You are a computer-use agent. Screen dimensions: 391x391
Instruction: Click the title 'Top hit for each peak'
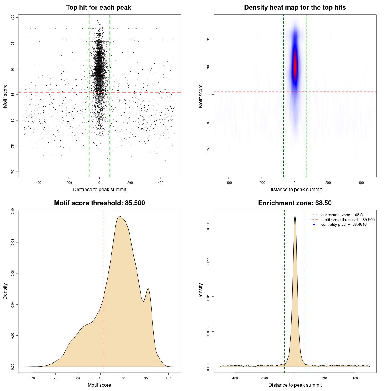coord(98,8)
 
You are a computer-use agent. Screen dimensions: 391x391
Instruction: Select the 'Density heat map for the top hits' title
coord(295,8)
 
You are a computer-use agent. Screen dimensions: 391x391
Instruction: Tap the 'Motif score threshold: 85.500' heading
coord(99,203)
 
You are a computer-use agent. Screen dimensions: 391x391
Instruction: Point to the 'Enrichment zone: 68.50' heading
coord(295,203)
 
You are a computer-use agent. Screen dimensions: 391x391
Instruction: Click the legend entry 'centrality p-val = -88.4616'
coord(344,225)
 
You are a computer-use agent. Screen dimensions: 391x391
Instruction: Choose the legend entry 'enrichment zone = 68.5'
coord(342,215)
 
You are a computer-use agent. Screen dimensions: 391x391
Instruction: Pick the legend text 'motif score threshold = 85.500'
coord(348,220)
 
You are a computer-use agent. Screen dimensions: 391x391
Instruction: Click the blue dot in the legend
coord(314,225)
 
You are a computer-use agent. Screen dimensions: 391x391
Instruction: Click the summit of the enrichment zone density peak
coord(295,216)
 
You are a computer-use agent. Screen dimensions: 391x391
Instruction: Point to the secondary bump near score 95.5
coord(148,289)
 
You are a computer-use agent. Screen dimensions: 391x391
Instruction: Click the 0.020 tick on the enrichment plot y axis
coord(208,226)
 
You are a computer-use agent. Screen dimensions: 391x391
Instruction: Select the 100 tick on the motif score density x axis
coord(169,378)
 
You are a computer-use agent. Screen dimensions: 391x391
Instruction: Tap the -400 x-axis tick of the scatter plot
coord(38,183)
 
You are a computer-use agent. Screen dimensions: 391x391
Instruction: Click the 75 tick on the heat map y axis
coord(208,150)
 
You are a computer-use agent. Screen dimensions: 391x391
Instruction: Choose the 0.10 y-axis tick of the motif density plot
coord(13,211)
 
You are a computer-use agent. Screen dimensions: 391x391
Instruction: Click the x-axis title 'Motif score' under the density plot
coord(99,385)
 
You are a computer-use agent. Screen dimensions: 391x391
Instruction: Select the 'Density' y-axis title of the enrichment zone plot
coord(201,291)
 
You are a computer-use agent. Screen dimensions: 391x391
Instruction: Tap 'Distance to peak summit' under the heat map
coord(295,189)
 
